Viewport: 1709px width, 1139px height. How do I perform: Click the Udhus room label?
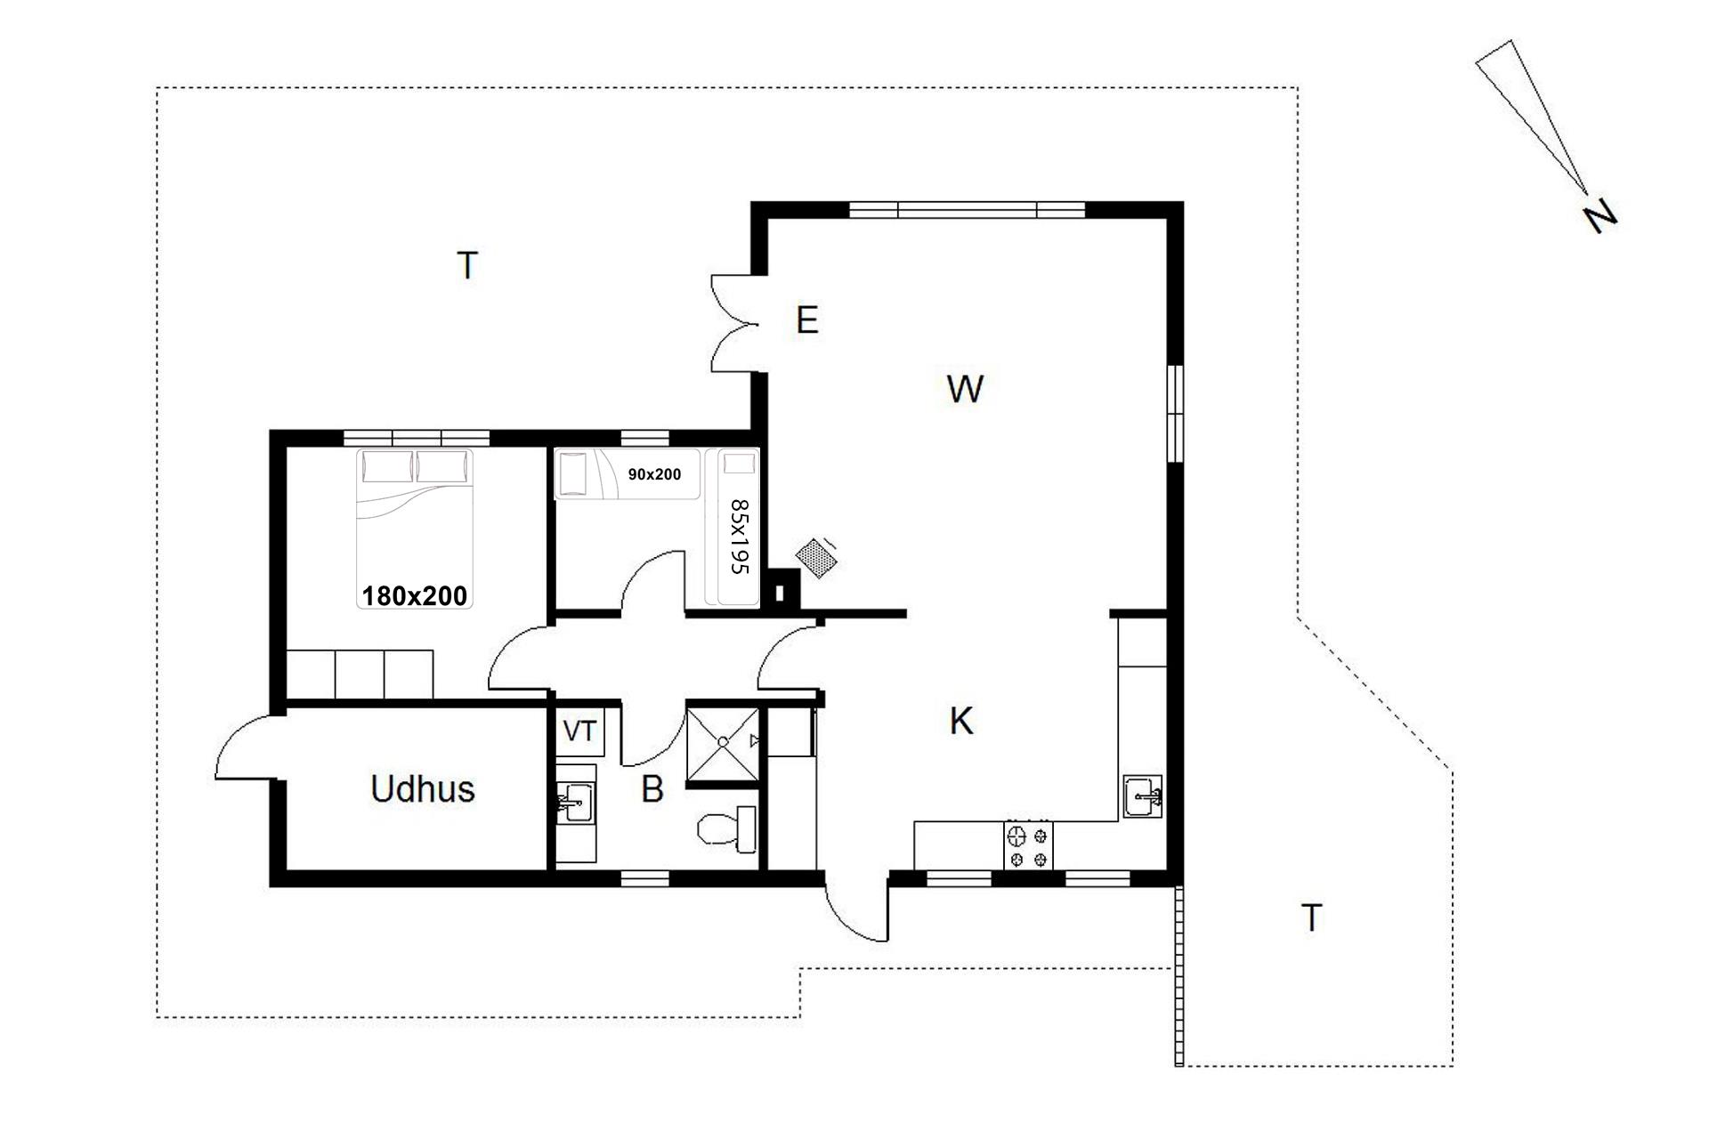(x=423, y=788)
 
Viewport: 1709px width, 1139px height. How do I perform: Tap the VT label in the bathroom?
(x=579, y=731)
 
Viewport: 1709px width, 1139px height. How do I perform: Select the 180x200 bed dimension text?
(x=415, y=595)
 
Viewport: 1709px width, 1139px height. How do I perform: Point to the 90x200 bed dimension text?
(x=654, y=474)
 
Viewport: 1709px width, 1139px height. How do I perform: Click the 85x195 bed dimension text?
(x=740, y=537)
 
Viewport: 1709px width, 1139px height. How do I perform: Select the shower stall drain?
(x=724, y=740)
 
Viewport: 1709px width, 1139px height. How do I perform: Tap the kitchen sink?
(x=1142, y=796)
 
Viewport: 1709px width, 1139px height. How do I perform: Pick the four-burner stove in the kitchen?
(x=1028, y=845)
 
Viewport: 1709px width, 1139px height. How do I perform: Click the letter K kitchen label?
(x=961, y=722)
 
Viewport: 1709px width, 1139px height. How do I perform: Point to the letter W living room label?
(x=965, y=389)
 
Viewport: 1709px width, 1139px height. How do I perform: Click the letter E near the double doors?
(x=807, y=319)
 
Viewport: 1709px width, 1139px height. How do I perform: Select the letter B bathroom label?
(x=652, y=789)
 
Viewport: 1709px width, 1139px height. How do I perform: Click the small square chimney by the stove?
(x=782, y=592)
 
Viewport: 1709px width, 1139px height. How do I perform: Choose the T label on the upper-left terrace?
(x=467, y=265)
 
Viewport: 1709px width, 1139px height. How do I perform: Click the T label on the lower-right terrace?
(x=1311, y=917)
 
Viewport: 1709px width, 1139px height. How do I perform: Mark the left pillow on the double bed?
(x=387, y=466)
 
